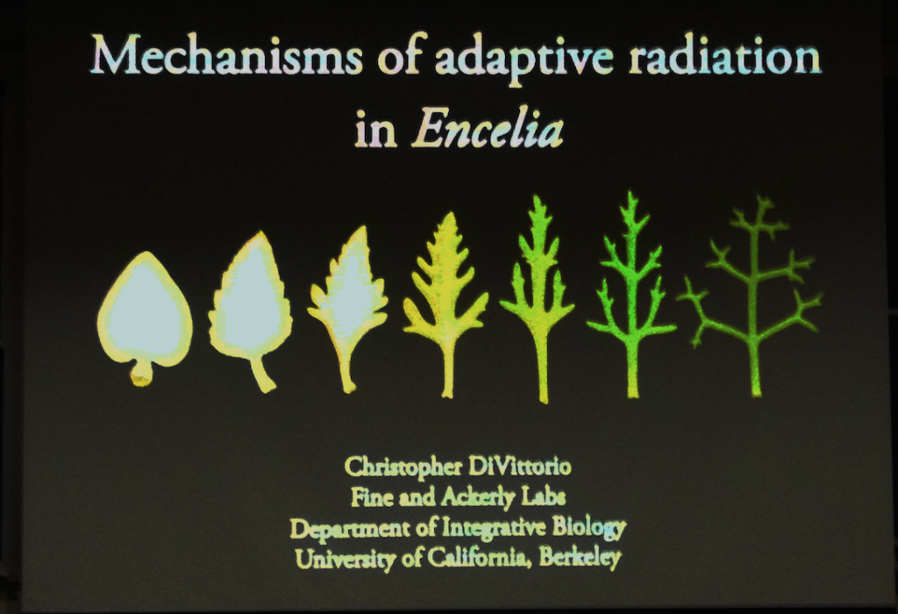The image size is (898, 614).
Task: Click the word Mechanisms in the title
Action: point(226,55)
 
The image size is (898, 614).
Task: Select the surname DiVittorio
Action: point(519,467)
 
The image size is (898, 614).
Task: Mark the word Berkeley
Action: point(580,558)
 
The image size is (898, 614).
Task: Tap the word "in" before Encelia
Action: point(375,131)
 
